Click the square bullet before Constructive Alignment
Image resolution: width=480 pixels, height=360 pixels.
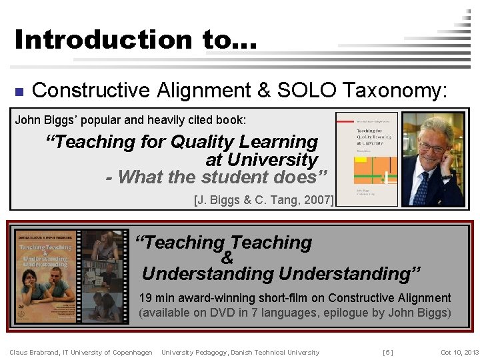19,91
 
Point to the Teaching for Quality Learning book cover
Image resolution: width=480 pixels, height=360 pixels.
367,160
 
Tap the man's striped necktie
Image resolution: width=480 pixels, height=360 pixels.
421,189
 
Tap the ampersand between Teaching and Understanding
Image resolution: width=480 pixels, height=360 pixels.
227,258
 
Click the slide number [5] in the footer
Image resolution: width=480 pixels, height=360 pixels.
387,352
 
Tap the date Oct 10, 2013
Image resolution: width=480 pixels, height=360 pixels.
459,352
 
